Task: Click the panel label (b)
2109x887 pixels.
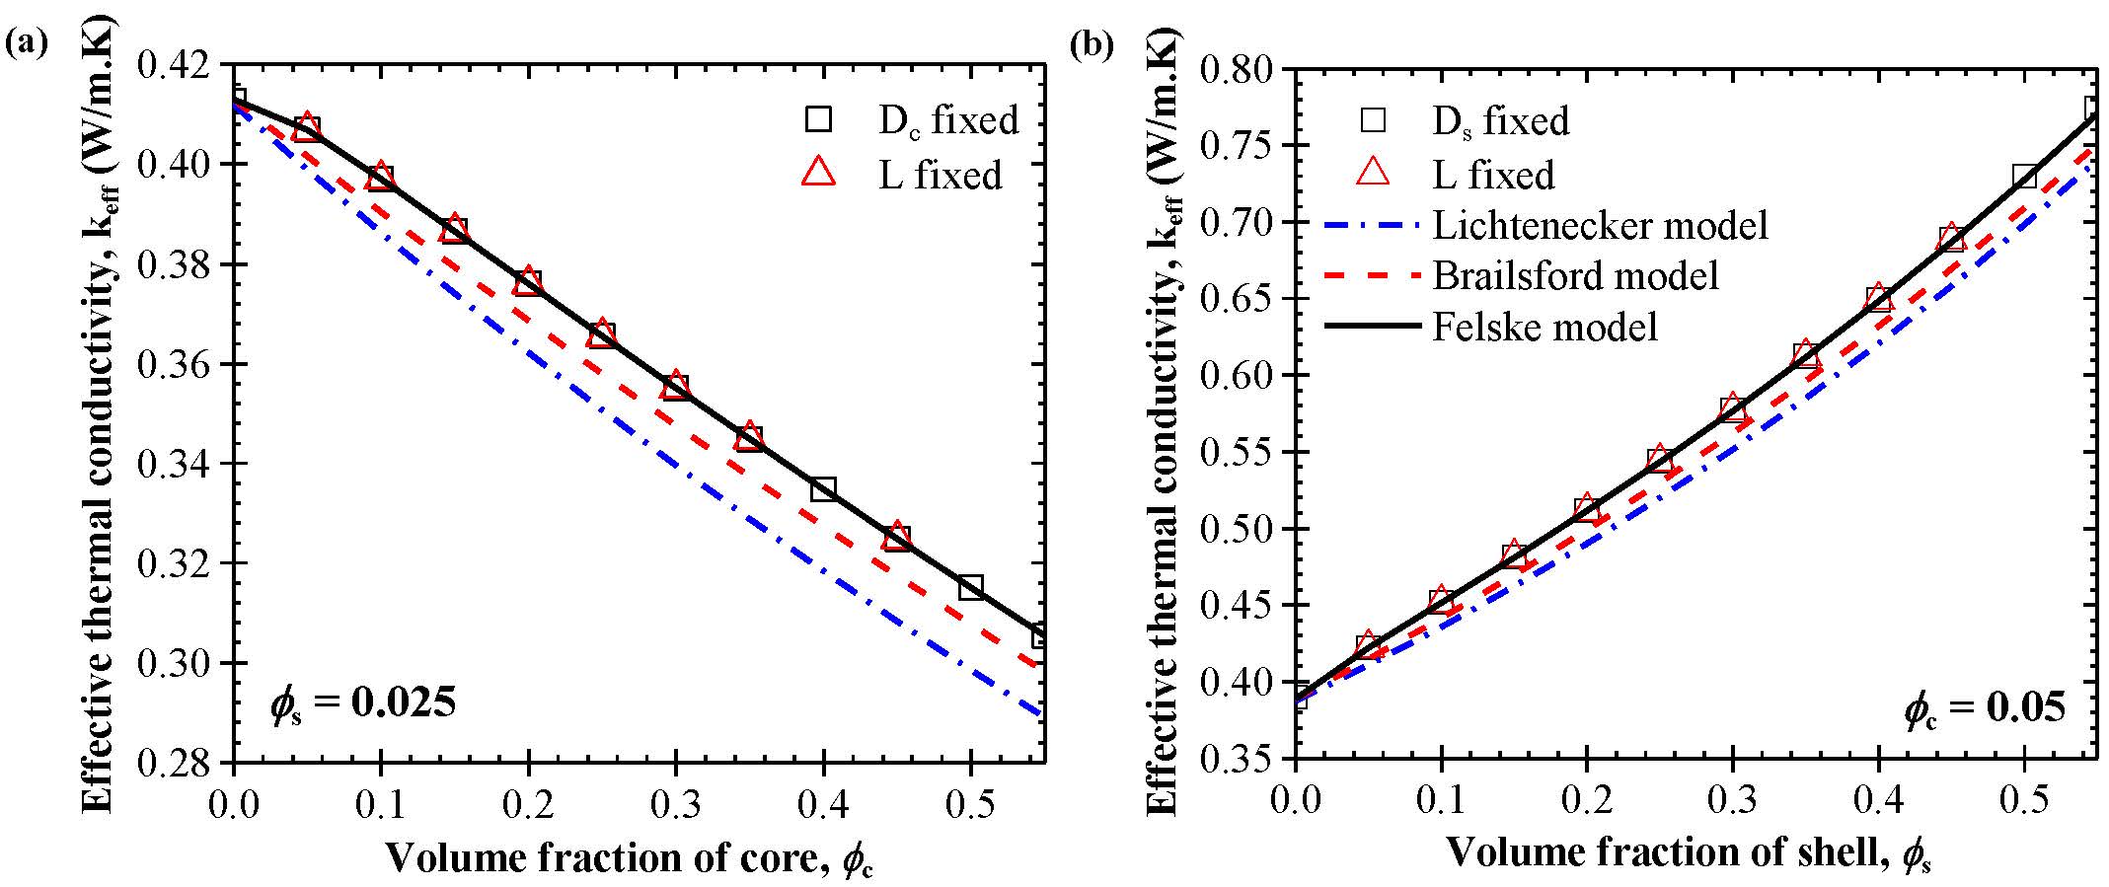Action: point(1092,44)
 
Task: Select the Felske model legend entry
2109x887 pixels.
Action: point(1544,327)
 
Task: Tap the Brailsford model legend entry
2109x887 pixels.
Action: point(1575,275)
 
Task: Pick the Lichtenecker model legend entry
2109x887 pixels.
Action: point(1600,225)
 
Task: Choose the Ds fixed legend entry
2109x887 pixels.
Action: point(1500,121)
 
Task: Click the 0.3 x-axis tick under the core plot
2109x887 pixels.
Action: point(676,805)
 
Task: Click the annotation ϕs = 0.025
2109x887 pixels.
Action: point(363,704)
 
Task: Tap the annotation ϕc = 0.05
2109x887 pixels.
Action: point(1985,709)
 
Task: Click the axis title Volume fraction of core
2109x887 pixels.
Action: point(629,857)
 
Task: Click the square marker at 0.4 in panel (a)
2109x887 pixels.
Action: point(823,488)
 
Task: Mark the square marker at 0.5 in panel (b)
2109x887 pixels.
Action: point(2024,177)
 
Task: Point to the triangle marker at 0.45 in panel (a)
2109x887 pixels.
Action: point(897,536)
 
